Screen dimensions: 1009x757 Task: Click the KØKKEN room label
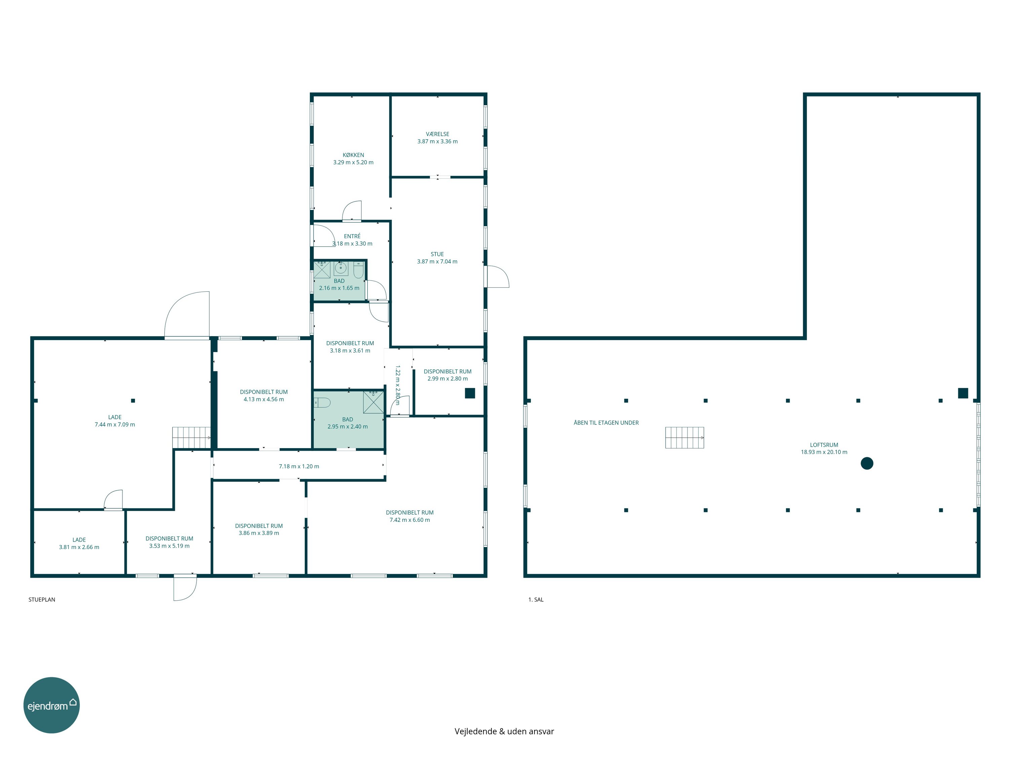point(353,155)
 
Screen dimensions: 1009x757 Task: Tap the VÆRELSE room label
point(438,134)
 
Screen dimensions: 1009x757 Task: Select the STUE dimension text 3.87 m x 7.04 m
point(437,261)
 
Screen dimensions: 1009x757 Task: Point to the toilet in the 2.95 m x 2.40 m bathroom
point(322,402)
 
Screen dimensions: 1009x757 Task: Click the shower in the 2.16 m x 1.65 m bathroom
point(322,270)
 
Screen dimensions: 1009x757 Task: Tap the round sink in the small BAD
point(341,268)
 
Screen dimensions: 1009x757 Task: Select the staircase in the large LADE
point(191,438)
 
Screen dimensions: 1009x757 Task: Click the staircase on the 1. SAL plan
point(684,438)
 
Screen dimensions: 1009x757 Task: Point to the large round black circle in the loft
point(867,464)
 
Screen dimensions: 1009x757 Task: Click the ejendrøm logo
point(51,706)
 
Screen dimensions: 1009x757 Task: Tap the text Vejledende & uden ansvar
point(504,731)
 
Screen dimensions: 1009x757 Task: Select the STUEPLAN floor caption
point(42,600)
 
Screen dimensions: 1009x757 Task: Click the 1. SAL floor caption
point(536,600)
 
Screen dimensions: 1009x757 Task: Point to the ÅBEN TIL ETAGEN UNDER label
point(606,423)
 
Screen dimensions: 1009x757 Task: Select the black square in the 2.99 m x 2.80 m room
point(470,393)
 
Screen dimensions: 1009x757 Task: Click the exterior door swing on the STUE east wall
point(498,277)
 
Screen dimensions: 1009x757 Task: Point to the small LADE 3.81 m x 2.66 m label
point(79,543)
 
